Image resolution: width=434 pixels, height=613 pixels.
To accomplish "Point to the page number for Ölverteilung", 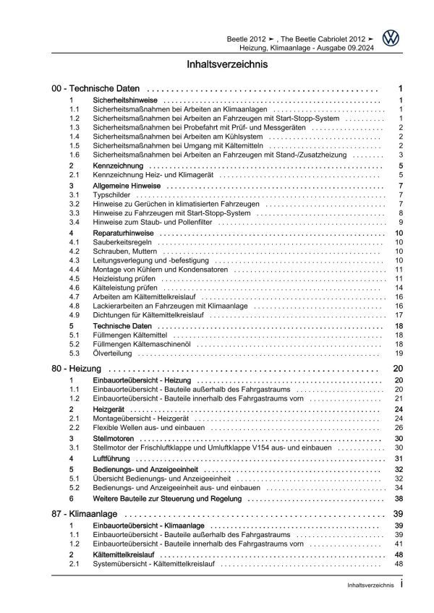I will (x=399, y=353).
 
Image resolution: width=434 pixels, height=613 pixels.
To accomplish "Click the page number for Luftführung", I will (x=399, y=458).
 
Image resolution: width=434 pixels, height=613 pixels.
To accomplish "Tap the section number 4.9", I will (x=75, y=315).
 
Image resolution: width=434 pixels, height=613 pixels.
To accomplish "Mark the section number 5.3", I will (x=75, y=353).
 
